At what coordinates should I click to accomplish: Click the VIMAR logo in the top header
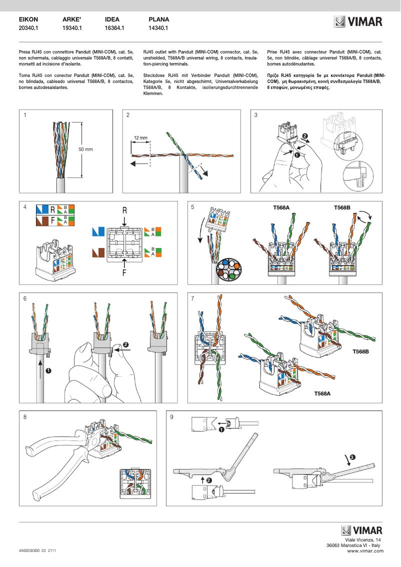point(358,22)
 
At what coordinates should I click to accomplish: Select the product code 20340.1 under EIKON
point(28,28)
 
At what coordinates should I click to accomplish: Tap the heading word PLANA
point(159,19)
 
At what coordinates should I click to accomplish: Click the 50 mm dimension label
point(85,149)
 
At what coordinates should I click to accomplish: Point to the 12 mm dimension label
point(140,137)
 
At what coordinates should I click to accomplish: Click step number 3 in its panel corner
point(256,115)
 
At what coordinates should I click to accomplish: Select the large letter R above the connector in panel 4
point(124,211)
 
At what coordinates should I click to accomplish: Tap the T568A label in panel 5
point(281,207)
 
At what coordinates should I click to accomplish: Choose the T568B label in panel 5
point(342,207)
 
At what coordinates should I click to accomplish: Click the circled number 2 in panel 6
point(125,344)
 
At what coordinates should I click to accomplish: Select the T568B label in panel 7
point(360,351)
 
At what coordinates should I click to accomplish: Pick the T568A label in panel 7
point(322,393)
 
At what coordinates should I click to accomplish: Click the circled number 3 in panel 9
point(352,457)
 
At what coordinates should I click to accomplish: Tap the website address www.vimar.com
point(364,550)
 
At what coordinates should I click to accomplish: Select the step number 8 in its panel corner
point(25,416)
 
